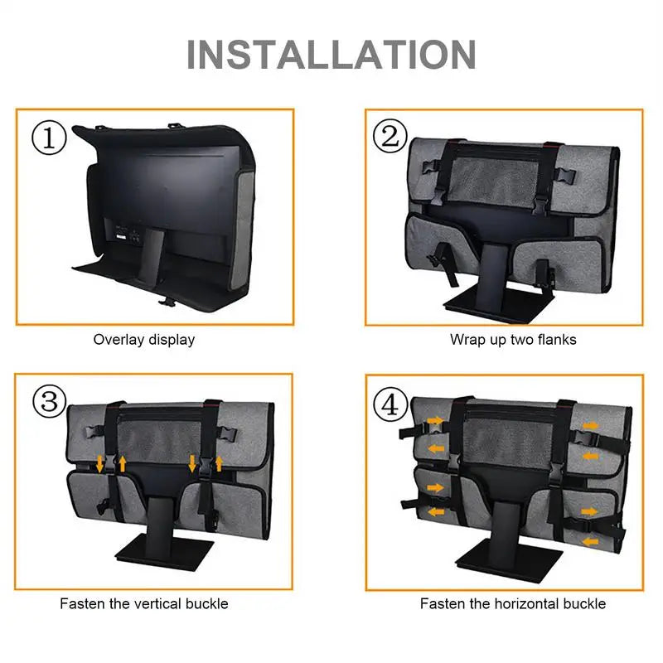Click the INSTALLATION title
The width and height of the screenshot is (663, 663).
(x=331, y=54)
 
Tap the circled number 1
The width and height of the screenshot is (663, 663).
(x=49, y=138)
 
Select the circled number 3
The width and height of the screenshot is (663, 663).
(x=49, y=403)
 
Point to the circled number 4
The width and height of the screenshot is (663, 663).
(x=390, y=405)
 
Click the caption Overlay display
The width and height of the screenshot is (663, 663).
(x=144, y=339)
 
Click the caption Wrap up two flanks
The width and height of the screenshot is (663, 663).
(x=512, y=339)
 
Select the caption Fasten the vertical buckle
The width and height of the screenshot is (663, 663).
(x=144, y=603)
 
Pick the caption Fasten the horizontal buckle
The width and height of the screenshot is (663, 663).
(x=512, y=603)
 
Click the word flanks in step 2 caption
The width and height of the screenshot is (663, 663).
(x=557, y=339)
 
